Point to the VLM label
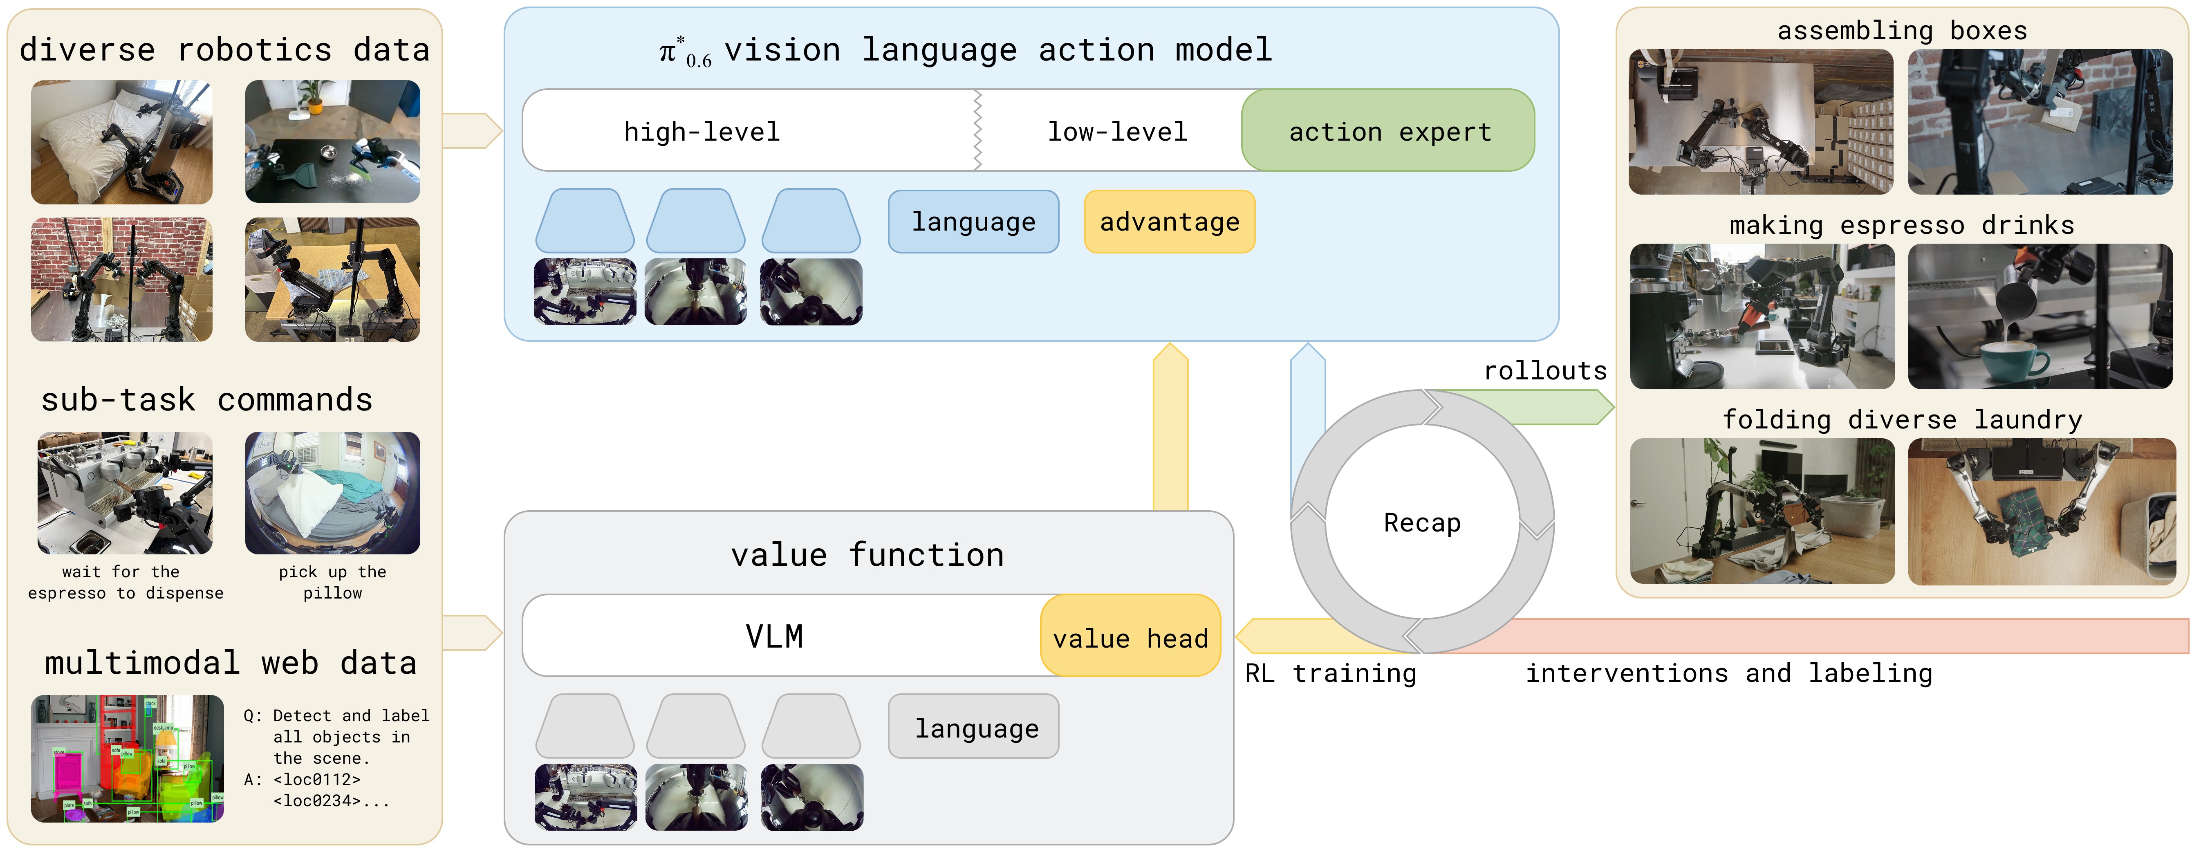click(x=774, y=637)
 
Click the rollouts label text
click(x=1545, y=371)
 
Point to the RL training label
click(x=1330, y=673)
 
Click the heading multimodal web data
click(x=231, y=663)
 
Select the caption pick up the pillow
click(x=332, y=582)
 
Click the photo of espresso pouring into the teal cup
click(x=2040, y=316)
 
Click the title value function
click(x=867, y=556)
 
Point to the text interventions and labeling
click(x=1729, y=673)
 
